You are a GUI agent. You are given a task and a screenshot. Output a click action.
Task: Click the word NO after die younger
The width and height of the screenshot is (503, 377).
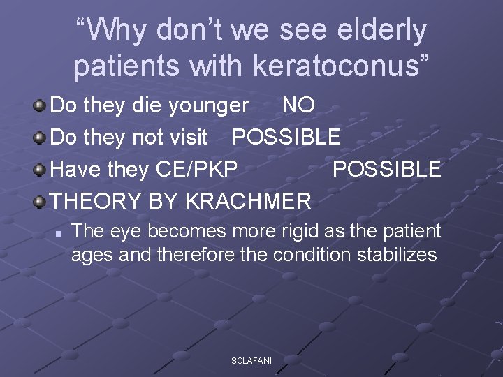pyautogui.click(x=298, y=105)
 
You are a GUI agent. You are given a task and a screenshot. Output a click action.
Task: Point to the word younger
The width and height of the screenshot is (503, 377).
pyautogui.click(x=207, y=105)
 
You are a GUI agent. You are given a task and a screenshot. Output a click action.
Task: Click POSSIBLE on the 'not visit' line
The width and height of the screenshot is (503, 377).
pyautogui.click(x=286, y=137)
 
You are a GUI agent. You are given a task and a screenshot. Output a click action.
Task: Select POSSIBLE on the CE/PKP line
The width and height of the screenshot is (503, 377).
pyautogui.click(x=386, y=169)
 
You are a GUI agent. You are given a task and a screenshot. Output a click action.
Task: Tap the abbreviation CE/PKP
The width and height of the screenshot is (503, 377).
pyautogui.click(x=197, y=169)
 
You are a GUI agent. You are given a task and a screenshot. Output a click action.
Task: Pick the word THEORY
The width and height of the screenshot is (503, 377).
pyautogui.click(x=96, y=201)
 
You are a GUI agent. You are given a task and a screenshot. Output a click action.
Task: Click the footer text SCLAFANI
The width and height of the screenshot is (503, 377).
pyautogui.click(x=251, y=360)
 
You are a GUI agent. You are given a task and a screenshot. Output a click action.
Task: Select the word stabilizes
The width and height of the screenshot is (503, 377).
pyautogui.click(x=398, y=254)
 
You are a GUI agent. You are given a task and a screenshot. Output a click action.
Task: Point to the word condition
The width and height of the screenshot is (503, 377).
pyautogui.click(x=314, y=254)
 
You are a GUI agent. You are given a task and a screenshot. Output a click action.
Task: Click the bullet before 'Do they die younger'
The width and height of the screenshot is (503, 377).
pyautogui.click(x=41, y=105)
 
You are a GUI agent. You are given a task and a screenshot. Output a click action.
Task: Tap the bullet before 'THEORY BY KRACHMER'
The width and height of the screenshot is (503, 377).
pyautogui.click(x=41, y=201)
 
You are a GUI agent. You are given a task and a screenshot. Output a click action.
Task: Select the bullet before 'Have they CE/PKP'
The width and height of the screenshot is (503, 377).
pyautogui.click(x=41, y=169)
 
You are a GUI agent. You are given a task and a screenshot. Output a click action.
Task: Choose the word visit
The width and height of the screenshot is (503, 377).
pyautogui.click(x=189, y=137)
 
